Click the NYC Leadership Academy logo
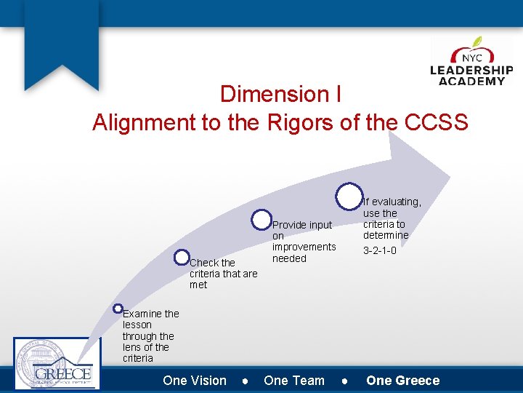pyautogui.click(x=471, y=63)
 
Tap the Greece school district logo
pyautogui.click(x=57, y=365)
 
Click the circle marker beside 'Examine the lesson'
pyautogui.click(x=118, y=309)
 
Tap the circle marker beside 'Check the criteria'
pyautogui.click(x=182, y=257)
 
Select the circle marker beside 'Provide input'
pyautogui.click(x=261, y=220)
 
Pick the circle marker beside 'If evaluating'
pyautogui.click(x=349, y=194)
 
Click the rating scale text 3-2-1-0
pyautogui.click(x=379, y=250)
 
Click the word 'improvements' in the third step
pyautogui.click(x=304, y=247)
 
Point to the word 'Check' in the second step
pyautogui.click(x=203, y=263)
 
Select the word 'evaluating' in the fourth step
pyautogui.click(x=397, y=202)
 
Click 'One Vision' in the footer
pyautogui.click(x=195, y=381)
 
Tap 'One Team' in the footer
pyautogui.click(x=294, y=381)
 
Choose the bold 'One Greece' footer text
pyautogui.click(x=403, y=381)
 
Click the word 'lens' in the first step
pyautogui.click(x=134, y=347)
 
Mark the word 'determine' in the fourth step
pyautogui.click(x=386, y=235)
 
